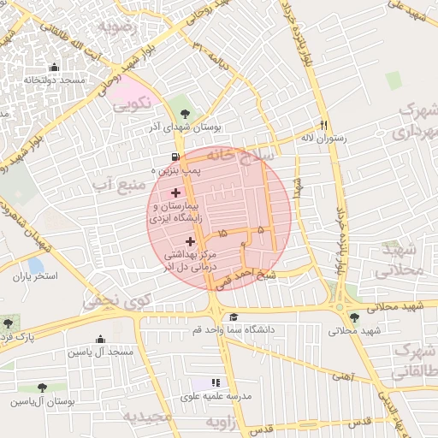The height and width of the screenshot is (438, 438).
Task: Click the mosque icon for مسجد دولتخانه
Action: point(55,68)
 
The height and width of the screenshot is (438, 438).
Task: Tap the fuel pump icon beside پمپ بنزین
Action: point(175,157)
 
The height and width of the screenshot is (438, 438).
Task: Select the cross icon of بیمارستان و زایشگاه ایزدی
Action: point(175,193)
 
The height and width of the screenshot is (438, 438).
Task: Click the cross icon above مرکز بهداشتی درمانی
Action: point(190,242)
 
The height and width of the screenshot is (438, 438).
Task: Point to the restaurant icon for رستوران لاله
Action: point(323,124)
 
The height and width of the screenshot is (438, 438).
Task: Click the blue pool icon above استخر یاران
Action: point(35,265)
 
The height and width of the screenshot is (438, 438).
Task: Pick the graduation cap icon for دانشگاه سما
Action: point(234,317)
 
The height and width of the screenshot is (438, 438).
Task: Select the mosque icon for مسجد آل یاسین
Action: point(100,339)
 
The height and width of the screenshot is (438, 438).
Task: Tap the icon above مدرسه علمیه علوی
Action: point(216,383)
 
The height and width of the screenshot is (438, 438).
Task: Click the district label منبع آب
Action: point(115,182)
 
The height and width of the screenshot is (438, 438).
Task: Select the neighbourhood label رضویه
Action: point(117,27)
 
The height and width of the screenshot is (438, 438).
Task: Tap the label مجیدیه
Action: point(146,417)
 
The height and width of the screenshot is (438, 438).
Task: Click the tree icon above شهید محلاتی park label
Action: point(354,318)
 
